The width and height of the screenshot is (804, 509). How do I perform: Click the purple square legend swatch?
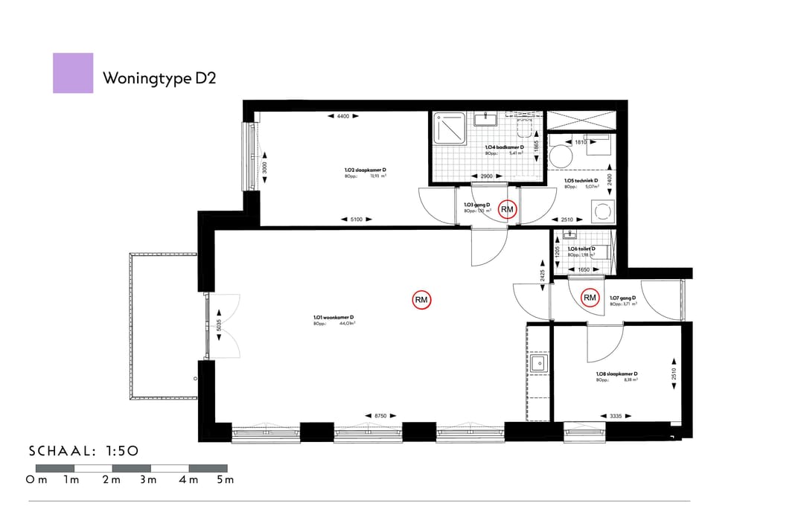[x=73, y=73]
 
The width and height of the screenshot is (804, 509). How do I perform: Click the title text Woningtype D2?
[x=159, y=78]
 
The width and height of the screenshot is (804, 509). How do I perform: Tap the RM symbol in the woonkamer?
[x=421, y=300]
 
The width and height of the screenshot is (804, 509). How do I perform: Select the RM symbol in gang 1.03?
[x=508, y=210]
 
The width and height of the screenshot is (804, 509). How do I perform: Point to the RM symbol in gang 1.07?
[x=590, y=298]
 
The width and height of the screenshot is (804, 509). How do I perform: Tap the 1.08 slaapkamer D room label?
[x=616, y=374]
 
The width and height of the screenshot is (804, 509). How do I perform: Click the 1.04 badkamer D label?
[x=505, y=148]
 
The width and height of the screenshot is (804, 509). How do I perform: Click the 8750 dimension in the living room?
[x=379, y=415]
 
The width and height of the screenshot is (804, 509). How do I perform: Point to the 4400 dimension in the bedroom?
[x=342, y=117]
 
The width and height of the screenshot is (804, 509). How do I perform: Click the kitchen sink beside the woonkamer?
[x=539, y=363]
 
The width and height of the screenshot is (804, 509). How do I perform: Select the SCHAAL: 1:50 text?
[x=83, y=451]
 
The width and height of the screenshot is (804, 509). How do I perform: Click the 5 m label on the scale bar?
[x=225, y=479]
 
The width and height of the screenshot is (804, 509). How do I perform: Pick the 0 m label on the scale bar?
[x=36, y=479]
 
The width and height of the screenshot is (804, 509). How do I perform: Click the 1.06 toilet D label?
[x=581, y=249]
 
